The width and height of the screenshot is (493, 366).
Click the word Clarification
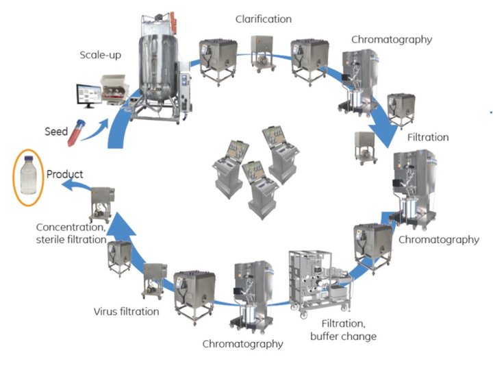(x=262, y=19)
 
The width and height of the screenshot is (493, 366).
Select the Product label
(x=64, y=174)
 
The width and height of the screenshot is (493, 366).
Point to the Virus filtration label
(x=126, y=312)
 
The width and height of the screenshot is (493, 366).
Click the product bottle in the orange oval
(x=28, y=177)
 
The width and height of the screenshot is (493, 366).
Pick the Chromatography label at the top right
(x=392, y=39)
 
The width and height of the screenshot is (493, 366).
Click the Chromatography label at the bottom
(x=242, y=343)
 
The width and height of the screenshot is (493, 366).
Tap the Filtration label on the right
(x=428, y=137)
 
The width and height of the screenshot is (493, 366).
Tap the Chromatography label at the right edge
(x=438, y=240)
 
